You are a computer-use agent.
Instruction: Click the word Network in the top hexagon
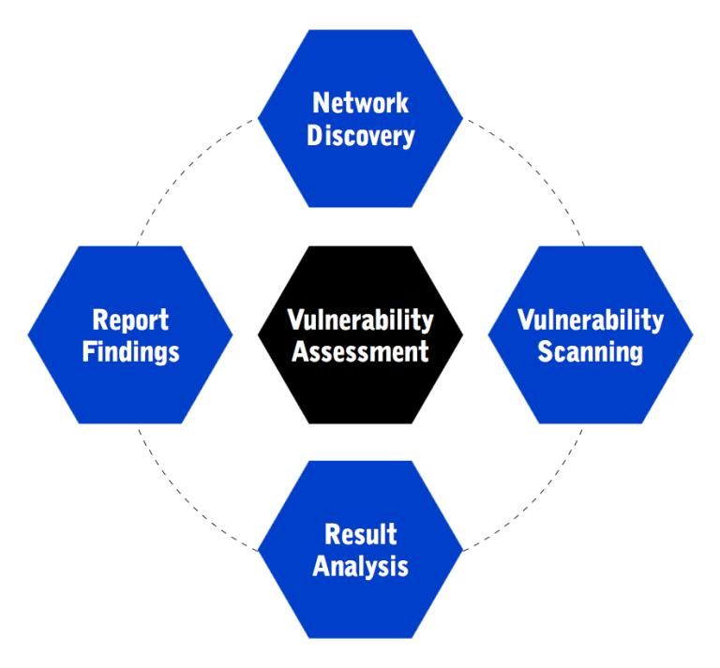coord(360,102)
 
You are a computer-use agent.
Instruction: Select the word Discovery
coord(360,136)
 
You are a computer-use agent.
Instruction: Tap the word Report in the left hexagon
coord(130,319)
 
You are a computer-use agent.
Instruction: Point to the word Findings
coord(130,352)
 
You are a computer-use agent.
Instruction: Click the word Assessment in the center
coord(360,352)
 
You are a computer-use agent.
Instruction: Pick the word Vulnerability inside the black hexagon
coord(360,319)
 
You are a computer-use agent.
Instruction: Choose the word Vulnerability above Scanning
coord(590,319)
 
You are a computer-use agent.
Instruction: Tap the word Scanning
coord(590,352)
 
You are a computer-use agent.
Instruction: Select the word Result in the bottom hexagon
coord(360,534)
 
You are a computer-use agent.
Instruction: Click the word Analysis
coord(360,567)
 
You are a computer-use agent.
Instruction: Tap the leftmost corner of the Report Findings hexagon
coord(29,334)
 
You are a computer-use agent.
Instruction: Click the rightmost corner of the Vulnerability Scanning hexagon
coord(692,334)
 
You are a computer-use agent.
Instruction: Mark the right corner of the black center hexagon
coord(461,334)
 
